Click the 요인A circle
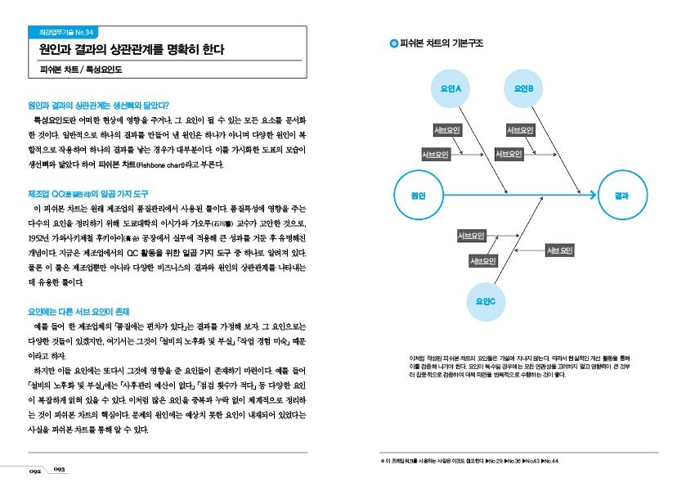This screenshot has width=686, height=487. click(451, 88)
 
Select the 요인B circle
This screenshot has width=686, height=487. click(524, 88)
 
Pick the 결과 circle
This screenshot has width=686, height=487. click(621, 195)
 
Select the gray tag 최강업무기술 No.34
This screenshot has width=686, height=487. click(65, 32)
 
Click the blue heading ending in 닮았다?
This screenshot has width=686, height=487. click(98, 105)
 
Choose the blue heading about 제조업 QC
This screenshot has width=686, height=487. click(87, 193)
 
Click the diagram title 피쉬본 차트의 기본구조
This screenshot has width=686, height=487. click(442, 43)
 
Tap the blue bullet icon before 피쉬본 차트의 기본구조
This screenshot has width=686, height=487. click(393, 43)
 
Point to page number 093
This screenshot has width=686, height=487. click(60, 469)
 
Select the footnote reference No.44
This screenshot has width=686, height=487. click(549, 461)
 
